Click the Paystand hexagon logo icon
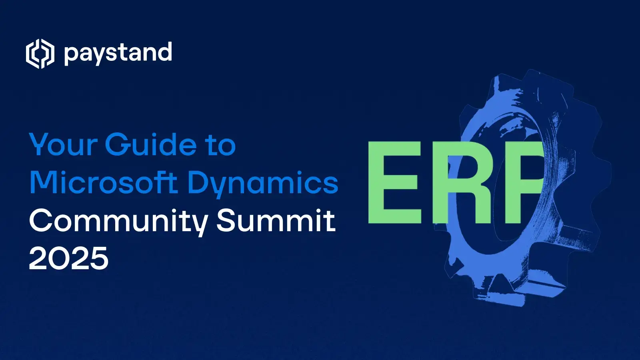40,54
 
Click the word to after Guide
221,145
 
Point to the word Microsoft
103,183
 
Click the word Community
118,221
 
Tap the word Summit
276,220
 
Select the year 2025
69,258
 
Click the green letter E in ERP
394,182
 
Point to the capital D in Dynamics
199,183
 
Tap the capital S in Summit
226,220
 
